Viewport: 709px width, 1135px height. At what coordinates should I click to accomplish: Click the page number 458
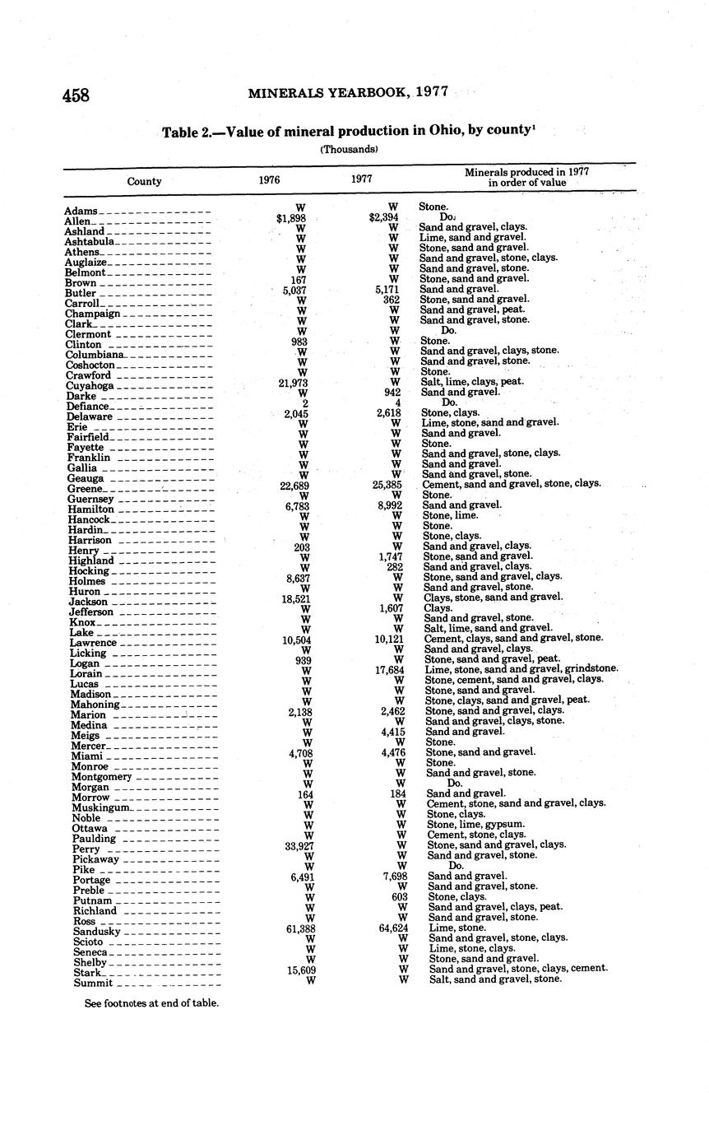[x=76, y=95]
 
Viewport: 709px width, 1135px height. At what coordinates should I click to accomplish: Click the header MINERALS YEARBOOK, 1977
[x=348, y=92]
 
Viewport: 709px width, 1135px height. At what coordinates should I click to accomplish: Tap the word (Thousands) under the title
[x=349, y=150]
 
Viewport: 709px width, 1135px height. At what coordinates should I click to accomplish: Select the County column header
[x=144, y=181]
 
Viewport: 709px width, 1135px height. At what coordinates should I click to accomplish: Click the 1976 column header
[x=269, y=179]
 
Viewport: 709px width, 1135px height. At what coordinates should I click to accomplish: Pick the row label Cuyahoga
[x=90, y=386]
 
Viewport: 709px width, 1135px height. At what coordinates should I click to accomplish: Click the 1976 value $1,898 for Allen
[x=291, y=218]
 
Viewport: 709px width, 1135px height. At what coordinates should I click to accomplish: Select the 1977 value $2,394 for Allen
[x=384, y=217]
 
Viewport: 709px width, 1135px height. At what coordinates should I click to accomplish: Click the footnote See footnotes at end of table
[x=151, y=1003]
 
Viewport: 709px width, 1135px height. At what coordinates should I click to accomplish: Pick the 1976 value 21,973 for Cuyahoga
[x=294, y=384]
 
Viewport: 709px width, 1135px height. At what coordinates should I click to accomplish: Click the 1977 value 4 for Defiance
[x=397, y=403]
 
